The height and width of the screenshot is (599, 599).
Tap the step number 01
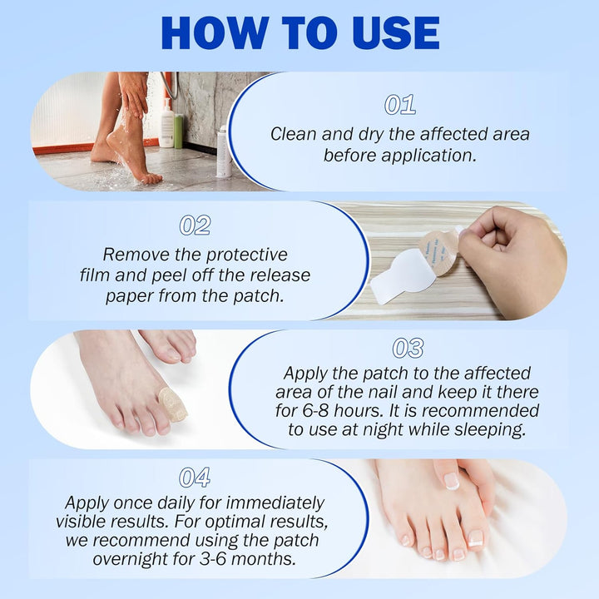[x=399, y=105]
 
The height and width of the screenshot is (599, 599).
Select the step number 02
[x=195, y=225]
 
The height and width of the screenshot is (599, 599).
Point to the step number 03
[x=408, y=348]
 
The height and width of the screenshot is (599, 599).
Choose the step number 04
[x=195, y=477]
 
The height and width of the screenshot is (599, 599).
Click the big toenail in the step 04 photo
[x=477, y=537]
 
